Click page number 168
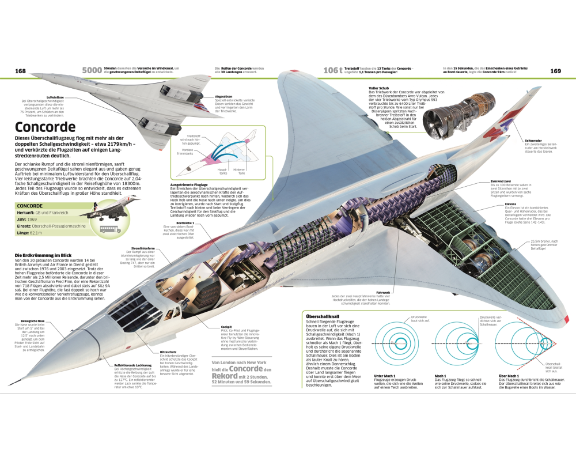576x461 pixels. pyautogui.click(x=21, y=71)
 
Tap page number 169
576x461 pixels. pyautogui.click(x=555, y=71)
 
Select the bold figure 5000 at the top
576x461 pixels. pyautogui.click(x=92, y=70)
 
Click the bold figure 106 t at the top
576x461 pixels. pyautogui.click(x=333, y=70)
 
